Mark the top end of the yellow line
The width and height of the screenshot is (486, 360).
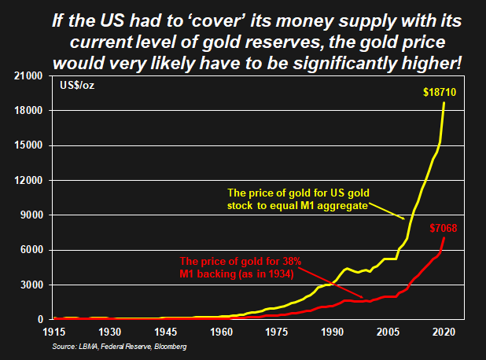tap(445, 102)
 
